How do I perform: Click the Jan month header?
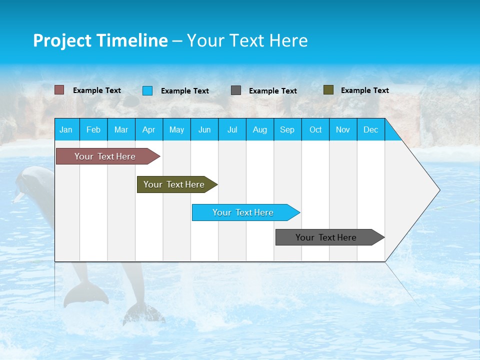click(66, 129)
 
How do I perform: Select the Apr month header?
click(148, 129)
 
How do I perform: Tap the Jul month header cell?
click(232, 129)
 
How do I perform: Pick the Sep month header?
click(287, 129)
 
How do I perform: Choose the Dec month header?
click(370, 129)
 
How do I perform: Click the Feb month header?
click(93, 129)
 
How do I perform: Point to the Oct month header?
click(315, 129)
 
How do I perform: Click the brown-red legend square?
click(59, 90)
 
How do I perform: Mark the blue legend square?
click(147, 90)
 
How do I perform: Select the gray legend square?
click(236, 90)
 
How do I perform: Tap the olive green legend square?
click(328, 90)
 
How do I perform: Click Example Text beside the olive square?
click(364, 90)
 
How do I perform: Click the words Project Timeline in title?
click(100, 40)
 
